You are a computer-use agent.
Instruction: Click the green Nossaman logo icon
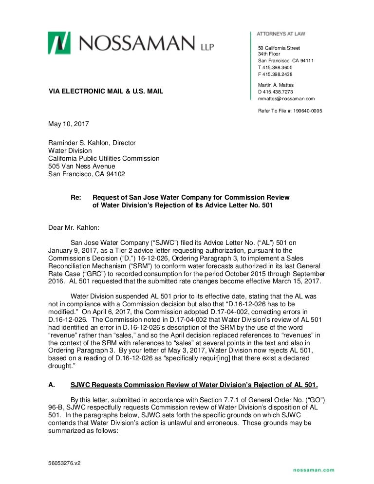coord(59,43)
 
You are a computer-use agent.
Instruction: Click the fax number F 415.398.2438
coord(276,74)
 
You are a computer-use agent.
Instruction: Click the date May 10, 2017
coord(68,124)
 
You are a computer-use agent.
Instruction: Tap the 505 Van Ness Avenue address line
coord(82,166)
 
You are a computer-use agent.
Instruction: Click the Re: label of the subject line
coord(76,198)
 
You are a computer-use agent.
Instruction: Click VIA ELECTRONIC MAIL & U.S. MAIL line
coord(106,92)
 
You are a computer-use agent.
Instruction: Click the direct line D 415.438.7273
coord(276,92)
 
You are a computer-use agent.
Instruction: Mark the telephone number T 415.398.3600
coord(276,67)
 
